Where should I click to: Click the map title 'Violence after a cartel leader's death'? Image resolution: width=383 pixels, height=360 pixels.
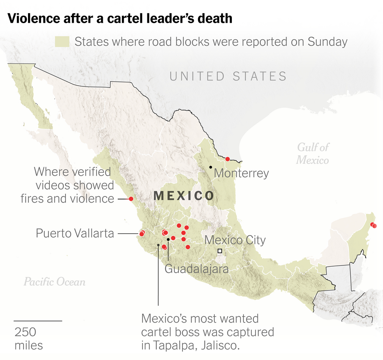tap(120, 18)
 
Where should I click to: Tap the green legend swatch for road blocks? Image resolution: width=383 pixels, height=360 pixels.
tap(62, 41)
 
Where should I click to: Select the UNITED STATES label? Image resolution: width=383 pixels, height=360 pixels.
tap(228, 76)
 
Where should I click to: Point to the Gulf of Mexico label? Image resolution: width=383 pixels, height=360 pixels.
tap(313, 153)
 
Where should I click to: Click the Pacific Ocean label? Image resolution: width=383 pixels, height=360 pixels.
tap(55, 281)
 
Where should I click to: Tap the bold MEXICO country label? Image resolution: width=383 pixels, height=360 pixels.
tap(184, 196)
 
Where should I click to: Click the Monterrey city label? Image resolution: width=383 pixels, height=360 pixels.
tap(241, 173)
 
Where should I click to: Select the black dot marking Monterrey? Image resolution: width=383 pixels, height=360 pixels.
tap(211, 167)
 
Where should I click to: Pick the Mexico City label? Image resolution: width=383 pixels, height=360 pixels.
tap(235, 240)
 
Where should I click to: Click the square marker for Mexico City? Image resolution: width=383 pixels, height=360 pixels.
tap(220, 251)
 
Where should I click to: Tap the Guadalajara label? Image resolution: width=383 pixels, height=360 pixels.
tap(197, 268)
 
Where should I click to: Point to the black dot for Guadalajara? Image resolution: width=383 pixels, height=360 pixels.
tap(168, 239)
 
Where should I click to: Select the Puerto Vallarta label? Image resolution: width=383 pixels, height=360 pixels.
tap(75, 233)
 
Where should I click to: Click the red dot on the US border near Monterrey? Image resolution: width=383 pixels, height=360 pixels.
tap(227, 159)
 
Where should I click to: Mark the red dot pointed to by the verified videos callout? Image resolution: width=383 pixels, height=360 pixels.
tap(131, 199)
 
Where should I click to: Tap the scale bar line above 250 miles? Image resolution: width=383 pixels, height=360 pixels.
tap(38, 321)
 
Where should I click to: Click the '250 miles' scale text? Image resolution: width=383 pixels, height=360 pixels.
tap(28, 338)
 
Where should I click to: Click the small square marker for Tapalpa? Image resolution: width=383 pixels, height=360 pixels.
tap(159, 245)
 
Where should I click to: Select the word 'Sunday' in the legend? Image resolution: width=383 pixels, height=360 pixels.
tap(328, 41)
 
